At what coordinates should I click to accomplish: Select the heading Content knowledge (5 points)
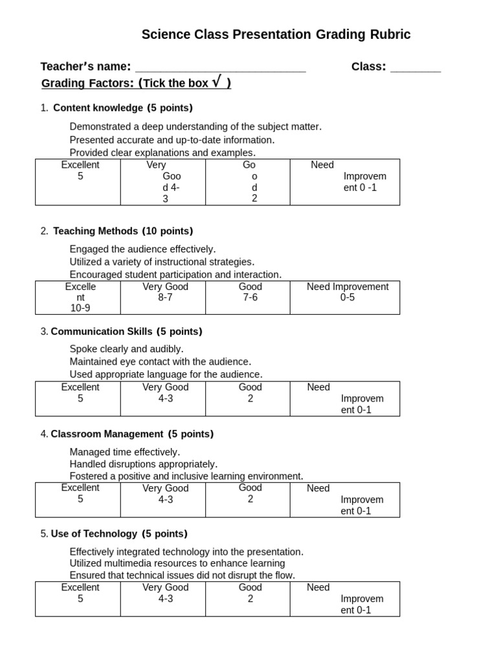pos(122,107)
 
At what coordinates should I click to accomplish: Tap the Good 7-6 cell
pos(250,297)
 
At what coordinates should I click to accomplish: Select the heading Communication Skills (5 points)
pos(126,331)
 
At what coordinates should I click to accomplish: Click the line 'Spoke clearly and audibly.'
pos(126,349)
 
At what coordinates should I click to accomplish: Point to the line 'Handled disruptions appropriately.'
pos(143,464)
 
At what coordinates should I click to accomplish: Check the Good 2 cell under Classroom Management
pos(250,499)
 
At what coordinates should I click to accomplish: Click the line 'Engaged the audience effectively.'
pos(142,249)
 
